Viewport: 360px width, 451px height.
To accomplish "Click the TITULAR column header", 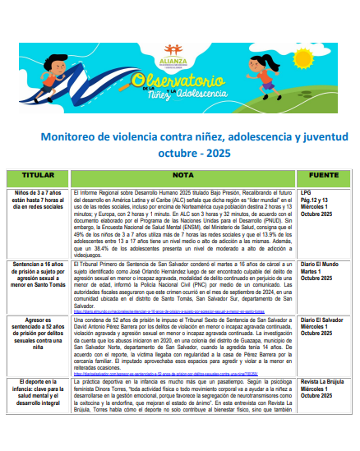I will point(39,174).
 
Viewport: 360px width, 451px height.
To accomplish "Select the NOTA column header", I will point(182,174).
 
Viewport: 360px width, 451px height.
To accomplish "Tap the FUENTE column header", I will point(323,174).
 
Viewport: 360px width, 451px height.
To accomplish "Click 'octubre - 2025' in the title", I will point(195,152).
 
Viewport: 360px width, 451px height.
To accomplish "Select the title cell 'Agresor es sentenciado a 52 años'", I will point(39,333).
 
